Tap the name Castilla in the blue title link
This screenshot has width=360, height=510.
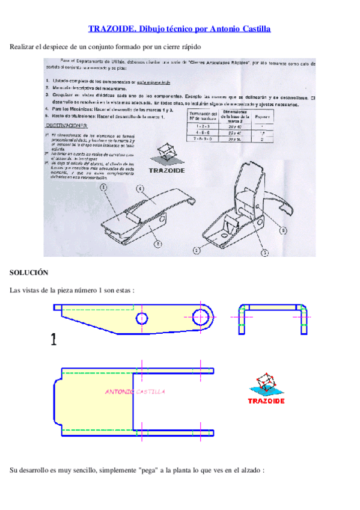(x=255, y=28)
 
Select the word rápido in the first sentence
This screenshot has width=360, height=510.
(x=188, y=46)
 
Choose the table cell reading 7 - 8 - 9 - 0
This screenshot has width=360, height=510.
(x=203, y=139)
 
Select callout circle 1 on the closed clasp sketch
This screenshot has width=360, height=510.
(x=105, y=188)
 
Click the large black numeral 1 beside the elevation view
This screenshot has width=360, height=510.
(x=54, y=341)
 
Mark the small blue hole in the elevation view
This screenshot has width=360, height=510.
(x=142, y=318)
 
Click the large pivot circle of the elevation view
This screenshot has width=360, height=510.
(x=203, y=316)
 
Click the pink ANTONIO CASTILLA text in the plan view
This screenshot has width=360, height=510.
(x=135, y=392)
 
